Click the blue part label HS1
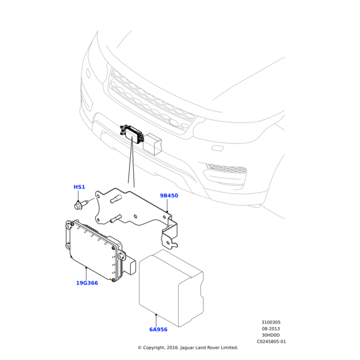tap(79, 187)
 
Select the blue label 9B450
tap(169, 196)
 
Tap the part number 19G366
tap(87, 283)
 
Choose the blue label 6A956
tap(158, 329)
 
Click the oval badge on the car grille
tap(175, 123)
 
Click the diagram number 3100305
tap(271, 322)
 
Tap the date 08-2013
tap(271, 329)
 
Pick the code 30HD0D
tap(271, 335)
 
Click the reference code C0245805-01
tap(271, 341)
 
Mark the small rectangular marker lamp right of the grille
tap(218, 148)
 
